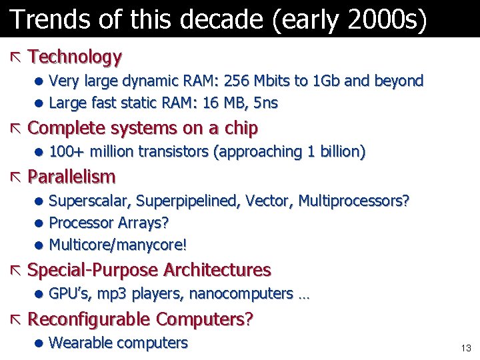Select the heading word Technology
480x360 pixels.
point(75,57)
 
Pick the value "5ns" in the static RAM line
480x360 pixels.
point(265,103)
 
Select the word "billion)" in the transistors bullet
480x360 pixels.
point(342,152)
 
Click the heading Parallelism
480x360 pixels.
point(72,177)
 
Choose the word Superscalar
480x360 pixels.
point(87,201)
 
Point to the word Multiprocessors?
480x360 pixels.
point(354,201)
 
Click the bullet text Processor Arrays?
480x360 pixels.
point(109,223)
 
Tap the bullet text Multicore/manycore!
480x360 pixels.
point(118,245)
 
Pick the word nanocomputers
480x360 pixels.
point(241,294)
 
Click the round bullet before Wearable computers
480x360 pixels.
point(40,344)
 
